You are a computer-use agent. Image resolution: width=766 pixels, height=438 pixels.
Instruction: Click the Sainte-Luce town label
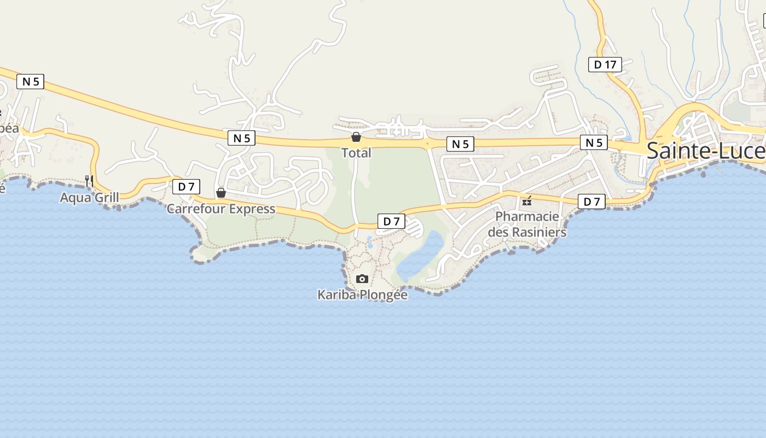[706, 151]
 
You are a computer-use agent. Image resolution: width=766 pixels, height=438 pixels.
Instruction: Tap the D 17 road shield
[605, 65]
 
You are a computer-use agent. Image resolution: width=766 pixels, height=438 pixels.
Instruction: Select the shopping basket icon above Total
[356, 136]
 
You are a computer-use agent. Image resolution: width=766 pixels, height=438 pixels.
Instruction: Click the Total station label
[356, 153]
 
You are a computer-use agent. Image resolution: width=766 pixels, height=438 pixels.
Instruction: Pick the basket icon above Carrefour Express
[221, 193]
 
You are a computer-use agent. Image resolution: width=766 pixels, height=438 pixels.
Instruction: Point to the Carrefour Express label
[221, 209]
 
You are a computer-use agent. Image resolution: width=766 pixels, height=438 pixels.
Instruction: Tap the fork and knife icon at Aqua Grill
[89, 181]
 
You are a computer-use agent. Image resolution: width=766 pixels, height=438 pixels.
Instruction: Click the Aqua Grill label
[89, 198]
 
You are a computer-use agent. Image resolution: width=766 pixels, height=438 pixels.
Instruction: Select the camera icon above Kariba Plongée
[362, 279]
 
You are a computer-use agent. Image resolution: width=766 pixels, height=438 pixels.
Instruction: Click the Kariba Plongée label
[362, 295]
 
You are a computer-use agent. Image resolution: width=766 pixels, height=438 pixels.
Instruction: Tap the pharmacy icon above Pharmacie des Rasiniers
[527, 201]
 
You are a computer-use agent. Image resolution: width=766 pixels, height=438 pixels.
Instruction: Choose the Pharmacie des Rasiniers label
[527, 224]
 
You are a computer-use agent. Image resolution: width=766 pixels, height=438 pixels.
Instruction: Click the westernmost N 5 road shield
[30, 82]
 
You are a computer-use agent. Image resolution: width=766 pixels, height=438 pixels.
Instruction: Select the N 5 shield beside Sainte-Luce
[594, 143]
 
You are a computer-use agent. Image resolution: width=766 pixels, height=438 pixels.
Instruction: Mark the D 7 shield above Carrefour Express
[186, 187]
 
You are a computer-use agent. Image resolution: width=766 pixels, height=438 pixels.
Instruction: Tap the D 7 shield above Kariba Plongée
[391, 222]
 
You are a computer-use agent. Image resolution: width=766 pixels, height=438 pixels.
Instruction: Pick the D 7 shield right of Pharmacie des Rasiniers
[591, 201]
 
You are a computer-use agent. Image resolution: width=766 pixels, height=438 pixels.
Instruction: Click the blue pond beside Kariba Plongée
[421, 255]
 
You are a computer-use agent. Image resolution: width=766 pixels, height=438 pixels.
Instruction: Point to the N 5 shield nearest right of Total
[460, 144]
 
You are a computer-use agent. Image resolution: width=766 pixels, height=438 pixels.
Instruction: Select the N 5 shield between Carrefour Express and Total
[241, 138]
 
